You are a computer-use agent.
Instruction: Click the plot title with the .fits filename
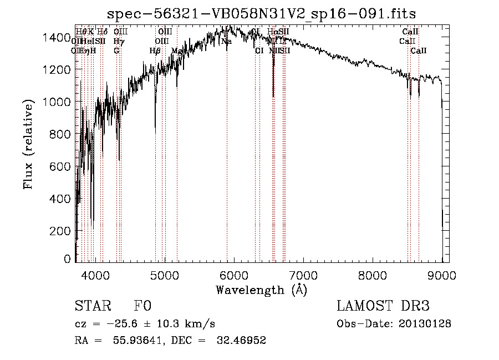click(x=261, y=13)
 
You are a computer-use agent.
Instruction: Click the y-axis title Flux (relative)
click(x=28, y=144)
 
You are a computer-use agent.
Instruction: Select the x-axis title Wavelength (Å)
click(x=261, y=290)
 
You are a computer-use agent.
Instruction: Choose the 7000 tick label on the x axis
click(x=303, y=274)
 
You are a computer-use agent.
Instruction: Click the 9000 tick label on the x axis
click(x=442, y=274)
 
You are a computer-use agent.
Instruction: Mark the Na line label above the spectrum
click(x=226, y=42)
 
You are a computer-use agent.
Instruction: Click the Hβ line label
click(x=155, y=51)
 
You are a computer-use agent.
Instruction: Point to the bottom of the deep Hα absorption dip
click(x=273, y=97)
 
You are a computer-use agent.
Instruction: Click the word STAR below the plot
click(x=91, y=306)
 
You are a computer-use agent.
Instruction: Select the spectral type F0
click(x=142, y=306)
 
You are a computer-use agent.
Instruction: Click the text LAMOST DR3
click(x=383, y=306)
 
